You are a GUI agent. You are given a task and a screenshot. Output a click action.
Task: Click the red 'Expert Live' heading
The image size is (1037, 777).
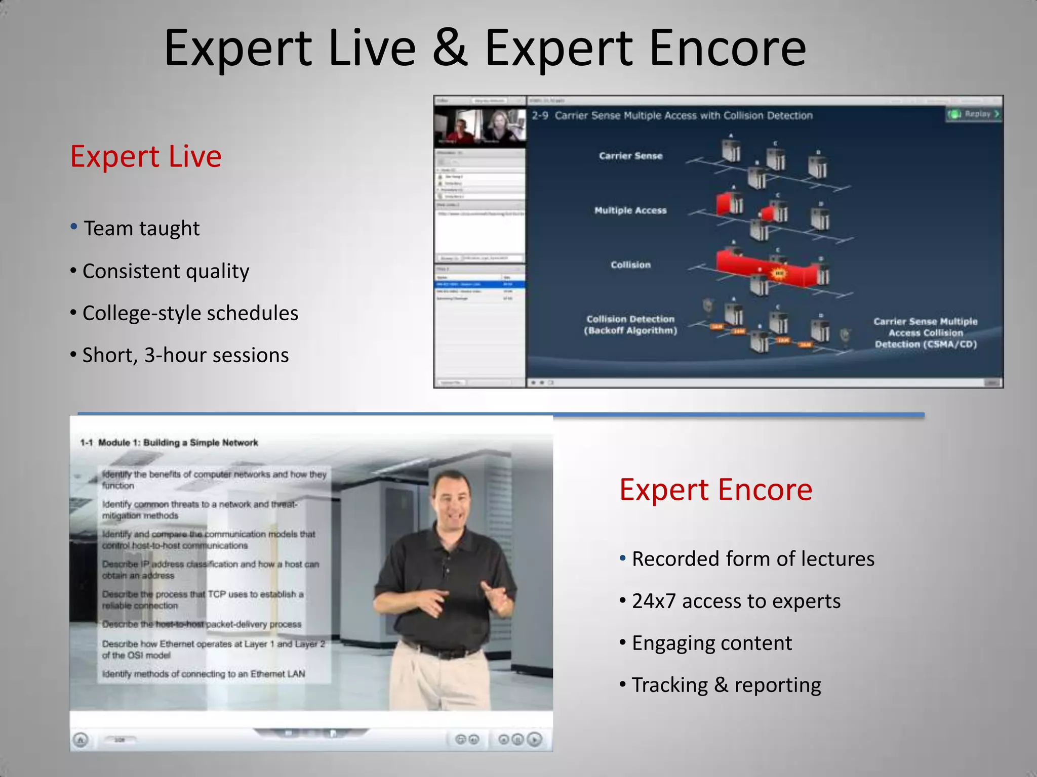146,157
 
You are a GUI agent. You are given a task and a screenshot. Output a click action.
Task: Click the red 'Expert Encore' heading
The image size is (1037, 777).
715,490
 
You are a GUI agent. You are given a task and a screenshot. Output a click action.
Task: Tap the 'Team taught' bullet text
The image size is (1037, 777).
141,229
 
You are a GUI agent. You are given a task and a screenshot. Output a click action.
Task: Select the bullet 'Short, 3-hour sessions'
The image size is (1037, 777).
185,356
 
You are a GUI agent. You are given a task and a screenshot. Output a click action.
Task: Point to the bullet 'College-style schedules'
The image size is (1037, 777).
190,314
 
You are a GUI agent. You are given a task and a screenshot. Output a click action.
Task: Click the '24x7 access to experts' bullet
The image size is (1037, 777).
736,601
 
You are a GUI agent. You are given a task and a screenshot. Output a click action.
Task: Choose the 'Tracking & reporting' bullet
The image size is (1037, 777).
726,685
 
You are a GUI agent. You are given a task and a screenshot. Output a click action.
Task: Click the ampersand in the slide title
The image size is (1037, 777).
450,48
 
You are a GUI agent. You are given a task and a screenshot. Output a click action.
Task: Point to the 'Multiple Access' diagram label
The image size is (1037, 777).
630,210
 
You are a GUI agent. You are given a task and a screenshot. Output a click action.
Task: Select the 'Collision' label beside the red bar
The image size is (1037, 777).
630,265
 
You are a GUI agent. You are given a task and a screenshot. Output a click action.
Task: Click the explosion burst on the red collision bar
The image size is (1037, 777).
778,274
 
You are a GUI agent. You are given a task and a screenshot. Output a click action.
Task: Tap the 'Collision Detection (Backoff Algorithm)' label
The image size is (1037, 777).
630,325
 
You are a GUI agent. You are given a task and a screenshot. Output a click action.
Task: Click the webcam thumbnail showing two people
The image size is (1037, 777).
480,126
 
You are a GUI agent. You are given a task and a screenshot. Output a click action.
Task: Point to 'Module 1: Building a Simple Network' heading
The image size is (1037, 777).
178,443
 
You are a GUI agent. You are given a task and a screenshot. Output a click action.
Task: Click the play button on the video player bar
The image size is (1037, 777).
535,740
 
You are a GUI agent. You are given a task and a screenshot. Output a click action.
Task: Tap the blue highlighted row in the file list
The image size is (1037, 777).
480,285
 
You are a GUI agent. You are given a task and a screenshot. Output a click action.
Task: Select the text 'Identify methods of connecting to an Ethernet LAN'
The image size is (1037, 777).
204,674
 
